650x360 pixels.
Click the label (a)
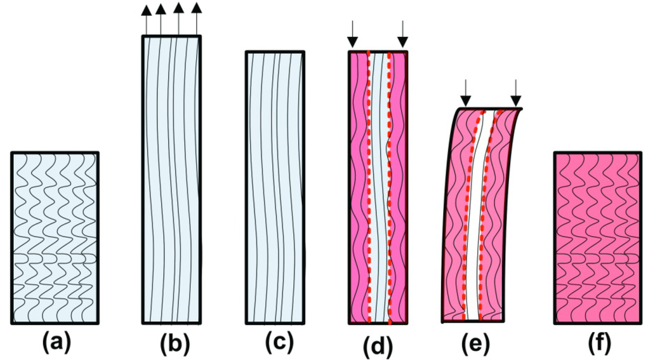pyautogui.click(x=55, y=343)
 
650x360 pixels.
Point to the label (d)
pyautogui.click(x=378, y=345)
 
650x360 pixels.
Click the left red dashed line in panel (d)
pyautogui.click(x=368, y=190)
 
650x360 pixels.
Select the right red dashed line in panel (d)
pyautogui.click(x=389, y=190)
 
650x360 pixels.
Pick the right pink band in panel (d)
pyautogui.click(x=399, y=190)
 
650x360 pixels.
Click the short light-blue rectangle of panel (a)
pyautogui.click(x=55, y=238)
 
